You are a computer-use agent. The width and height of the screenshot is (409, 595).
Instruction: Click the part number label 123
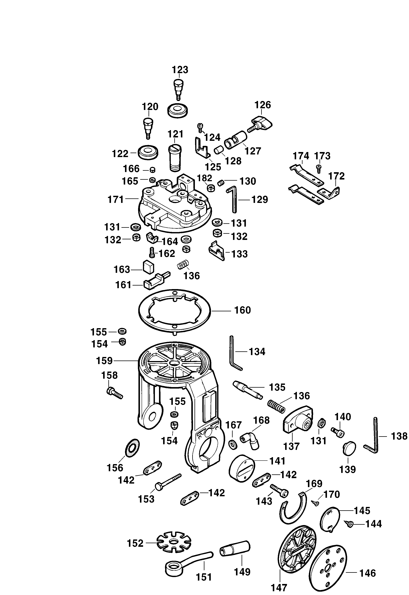pos(180,70)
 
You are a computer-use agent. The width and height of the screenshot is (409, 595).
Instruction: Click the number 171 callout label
pos(116,200)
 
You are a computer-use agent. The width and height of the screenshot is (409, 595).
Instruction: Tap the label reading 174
pos(301,156)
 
